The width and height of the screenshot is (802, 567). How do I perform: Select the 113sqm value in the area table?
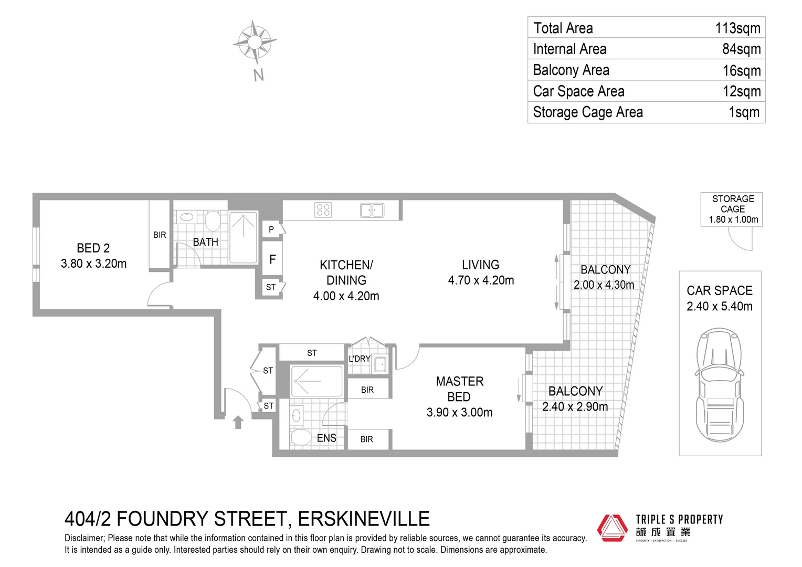[737, 28]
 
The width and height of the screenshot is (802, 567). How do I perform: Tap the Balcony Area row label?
[571, 70]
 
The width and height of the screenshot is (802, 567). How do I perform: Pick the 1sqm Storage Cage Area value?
[744, 112]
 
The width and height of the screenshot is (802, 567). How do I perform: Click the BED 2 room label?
[93, 248]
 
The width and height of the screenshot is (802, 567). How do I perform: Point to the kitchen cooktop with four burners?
[323, 210]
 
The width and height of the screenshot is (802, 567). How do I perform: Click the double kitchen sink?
[372, 210]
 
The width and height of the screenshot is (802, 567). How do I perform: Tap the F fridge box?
[272, 259]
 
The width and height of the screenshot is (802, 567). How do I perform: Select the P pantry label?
[271, 229]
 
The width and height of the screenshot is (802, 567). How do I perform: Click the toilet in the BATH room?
[213, 220]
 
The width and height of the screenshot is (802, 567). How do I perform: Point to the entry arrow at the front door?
[238, 422]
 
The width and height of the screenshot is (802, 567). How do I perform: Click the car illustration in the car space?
[720, 385]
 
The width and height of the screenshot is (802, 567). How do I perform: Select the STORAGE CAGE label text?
[733, 204]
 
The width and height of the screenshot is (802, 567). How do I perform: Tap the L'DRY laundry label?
[360, 359]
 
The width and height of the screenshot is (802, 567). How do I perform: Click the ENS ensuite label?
[326, 438]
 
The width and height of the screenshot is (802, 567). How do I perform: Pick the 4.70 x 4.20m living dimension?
[481, 280]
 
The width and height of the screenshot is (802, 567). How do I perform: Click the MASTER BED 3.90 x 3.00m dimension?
[459, 412]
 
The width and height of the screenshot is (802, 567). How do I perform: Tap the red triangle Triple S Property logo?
[612, 528]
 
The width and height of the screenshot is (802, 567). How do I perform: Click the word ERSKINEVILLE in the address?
[364, 519]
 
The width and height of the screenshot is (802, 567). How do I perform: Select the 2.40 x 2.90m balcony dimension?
[575, 406]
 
